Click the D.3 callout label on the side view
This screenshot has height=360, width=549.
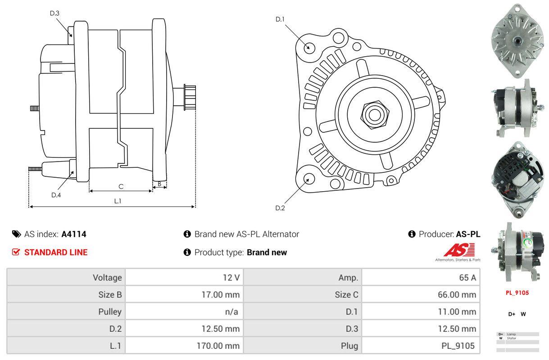(x=54, y=13)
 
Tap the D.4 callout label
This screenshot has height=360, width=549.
(x=56, y=195)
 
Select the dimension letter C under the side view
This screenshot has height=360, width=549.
(x=121, y=186)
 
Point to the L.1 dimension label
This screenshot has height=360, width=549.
(x=118, y=201)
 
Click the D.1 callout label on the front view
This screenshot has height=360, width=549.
(x=280, y=19)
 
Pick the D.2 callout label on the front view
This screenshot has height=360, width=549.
(x=280, y=208)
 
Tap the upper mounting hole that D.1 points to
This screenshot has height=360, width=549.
(x=309, y=47)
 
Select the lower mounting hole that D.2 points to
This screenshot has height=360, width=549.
(x=309, y=179)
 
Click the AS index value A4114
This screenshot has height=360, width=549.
(x=74, y=234)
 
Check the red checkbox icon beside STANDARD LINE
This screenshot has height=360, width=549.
(x=16, y=252)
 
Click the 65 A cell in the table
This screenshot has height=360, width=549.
(x=467, y=277)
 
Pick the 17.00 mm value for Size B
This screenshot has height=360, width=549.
(x=220, y=295)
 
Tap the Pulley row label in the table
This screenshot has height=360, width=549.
(x=110, y=311)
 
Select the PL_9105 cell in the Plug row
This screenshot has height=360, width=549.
(x=458, y=346)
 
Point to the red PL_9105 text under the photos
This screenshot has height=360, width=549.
(x=517, y=292)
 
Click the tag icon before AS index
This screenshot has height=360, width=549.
(x=16, y=234)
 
